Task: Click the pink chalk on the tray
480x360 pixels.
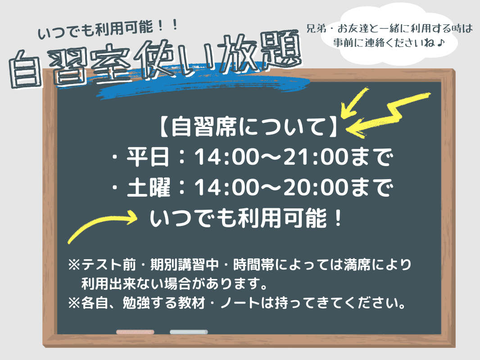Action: [x=135, y=332]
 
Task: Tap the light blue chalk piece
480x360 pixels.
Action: [x=189, y=332]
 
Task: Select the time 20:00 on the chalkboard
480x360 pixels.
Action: [x=313, y=188]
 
